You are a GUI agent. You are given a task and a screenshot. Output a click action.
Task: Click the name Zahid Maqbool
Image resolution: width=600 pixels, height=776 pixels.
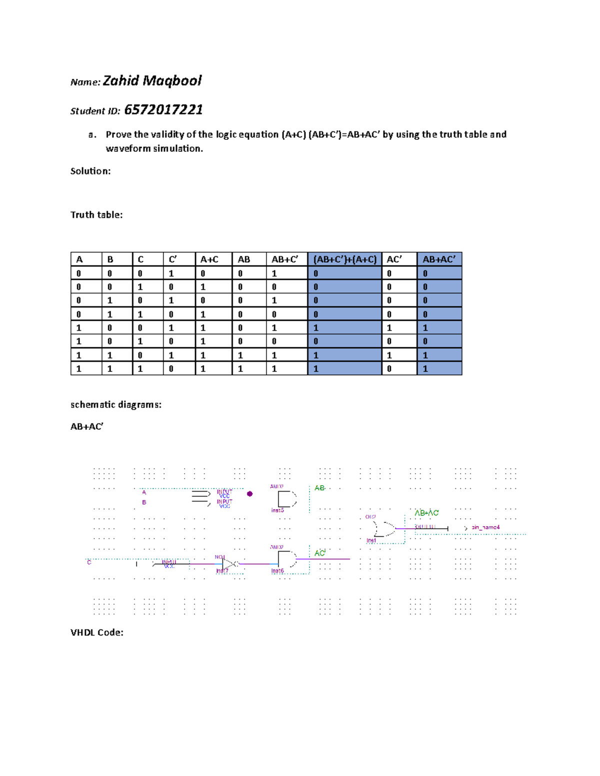(152, 81)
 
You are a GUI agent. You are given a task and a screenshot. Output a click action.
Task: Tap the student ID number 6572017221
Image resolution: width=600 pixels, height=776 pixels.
(163, 110)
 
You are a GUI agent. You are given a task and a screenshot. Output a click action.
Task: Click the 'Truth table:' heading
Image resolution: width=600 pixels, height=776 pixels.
(96, 215)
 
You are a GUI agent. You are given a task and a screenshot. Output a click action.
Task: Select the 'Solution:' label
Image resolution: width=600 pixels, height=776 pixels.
(90, 171)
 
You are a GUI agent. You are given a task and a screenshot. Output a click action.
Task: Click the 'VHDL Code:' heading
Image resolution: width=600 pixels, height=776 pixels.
(97, 633)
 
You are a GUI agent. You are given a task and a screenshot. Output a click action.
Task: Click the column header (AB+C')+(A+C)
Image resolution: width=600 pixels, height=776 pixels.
(344, 259)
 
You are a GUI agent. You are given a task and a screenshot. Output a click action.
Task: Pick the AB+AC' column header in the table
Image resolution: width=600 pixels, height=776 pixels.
(439, 259)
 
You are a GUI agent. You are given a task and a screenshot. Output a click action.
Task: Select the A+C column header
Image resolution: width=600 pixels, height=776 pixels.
(209, 259)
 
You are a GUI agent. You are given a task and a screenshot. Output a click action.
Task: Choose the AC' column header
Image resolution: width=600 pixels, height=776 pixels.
(394, 259)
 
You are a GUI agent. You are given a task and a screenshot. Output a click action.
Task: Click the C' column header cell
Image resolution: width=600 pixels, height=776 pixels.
(173, 259)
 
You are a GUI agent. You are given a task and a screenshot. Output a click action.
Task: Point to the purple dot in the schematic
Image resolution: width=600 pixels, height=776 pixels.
(250, 494)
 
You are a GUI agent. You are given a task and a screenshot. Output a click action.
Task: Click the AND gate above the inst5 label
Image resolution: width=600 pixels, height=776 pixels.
(286, 499)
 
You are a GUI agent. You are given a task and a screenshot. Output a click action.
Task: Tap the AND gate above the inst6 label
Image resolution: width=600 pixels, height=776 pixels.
(286, 559)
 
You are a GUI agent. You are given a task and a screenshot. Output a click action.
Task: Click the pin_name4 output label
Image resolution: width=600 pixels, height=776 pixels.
(485, 527)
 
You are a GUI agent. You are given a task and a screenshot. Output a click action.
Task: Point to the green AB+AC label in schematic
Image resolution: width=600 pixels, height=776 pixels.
(426, 513)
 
